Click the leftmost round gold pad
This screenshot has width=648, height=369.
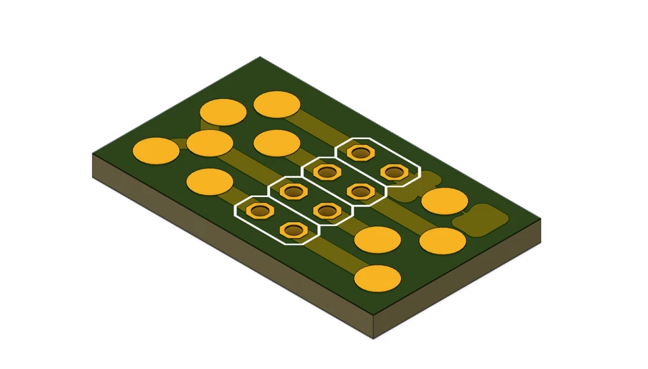pyautogui.click(x=156, y=150)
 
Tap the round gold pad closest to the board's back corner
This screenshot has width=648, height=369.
pyautogui.click(x=277, y=105)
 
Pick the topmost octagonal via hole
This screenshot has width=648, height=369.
pyautogui.click(x=362, y=153)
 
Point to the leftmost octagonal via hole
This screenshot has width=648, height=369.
pyautogui.click(x=258, y=211)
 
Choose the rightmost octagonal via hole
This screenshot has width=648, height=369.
pyautogui.click(x=394, y=172)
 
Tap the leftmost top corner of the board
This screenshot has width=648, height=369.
pyautogui.click(x=92, y=154)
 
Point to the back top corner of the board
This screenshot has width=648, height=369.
pyautogui.click(x=260, y=57)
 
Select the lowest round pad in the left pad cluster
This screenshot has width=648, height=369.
pyautogui.click(x=209, y=181)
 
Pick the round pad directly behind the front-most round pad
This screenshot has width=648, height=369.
pyautogui.click(x=377, y=239)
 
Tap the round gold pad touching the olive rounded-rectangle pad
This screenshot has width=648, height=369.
pyautogui.click(x=444, y=201)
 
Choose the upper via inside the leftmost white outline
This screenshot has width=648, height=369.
pyautogui.click(x=258, y=211)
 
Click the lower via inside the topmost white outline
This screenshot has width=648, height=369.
pyautogui.click(x=394, y=172)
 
